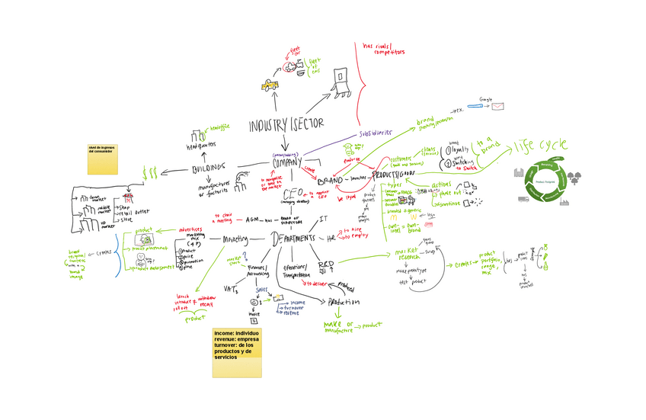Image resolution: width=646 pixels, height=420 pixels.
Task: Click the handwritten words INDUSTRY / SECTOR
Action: point(287,125)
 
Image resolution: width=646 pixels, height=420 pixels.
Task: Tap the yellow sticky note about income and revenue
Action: point(237,353)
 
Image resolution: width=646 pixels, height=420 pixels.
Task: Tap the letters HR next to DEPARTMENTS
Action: point(331,239)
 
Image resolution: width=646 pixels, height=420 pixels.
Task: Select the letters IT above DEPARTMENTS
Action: point(323,220)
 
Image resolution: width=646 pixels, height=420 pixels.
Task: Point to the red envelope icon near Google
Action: point(498,107)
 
